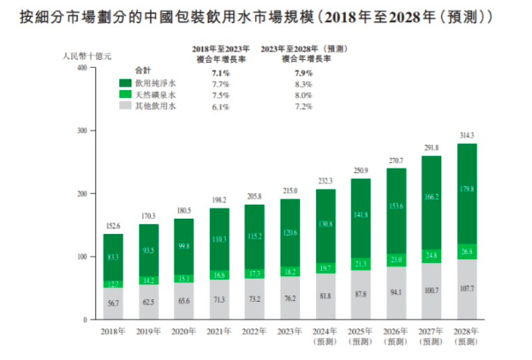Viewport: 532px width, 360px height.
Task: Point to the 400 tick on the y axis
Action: pyautogui.click(x=80, y=67)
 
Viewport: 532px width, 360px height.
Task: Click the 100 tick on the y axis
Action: pyautogui.click(x=80, y=257)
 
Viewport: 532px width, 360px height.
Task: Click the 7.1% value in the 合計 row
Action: pyautogui.click(x=221, y=70)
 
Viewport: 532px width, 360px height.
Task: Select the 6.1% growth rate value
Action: pyautogui.click(x=221, y=107)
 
